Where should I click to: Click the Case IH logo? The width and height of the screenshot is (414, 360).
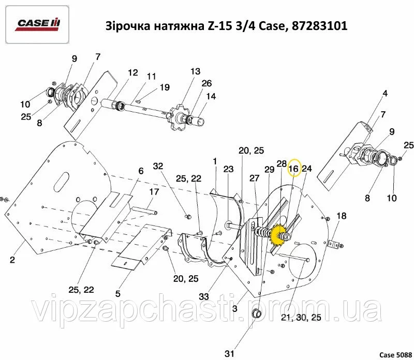pyautogui.click(x=37, y=24)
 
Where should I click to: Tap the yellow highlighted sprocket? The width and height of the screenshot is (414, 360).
pyautogui.click(x=278, y=235)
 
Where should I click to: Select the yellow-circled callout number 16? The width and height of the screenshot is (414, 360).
pyautogui.click(x=293, y=169)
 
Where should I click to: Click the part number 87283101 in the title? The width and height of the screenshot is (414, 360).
pyautogui.click(x=319, y=26)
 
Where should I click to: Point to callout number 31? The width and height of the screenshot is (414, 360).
pyautogui.click(x=229, y=353)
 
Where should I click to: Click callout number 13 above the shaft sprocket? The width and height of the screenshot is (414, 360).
pyautogui.click(x=196, y=71)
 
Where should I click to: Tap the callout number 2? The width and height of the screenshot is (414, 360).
pyautogui.click(x=12, y=260)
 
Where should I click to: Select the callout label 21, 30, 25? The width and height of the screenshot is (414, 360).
pyautogui.click(x=301, y=318)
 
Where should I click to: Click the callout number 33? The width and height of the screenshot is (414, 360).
pyautogui.click(x=204, y=296)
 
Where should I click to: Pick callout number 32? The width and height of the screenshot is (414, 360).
pyautogui.click(x=158, y=166)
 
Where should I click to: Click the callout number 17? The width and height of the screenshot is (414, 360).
pyautogui.click(x=154, y=191)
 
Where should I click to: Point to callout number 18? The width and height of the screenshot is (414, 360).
pyautogui.click(x=342, y=216)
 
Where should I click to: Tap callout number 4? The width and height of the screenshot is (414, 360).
pyautogui.click(x=385, y=93)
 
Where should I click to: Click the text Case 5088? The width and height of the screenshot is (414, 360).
pyautogui.click(x=395, y=355)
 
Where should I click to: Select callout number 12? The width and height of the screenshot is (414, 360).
pyautogui.click(x=133, y=72)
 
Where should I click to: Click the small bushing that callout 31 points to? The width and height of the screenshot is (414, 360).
pyautogui.click(x=257, y=313)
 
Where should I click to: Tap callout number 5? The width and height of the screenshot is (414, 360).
pyautogui.click(x=118, y=293)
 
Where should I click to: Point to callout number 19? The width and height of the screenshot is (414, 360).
pyautogui.click(x=165, y=87)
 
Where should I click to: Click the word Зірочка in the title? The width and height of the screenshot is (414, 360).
pyautogui.click(x=126, y=26)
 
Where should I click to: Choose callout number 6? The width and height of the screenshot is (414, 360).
pyautogui.click(x=141, y=171)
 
